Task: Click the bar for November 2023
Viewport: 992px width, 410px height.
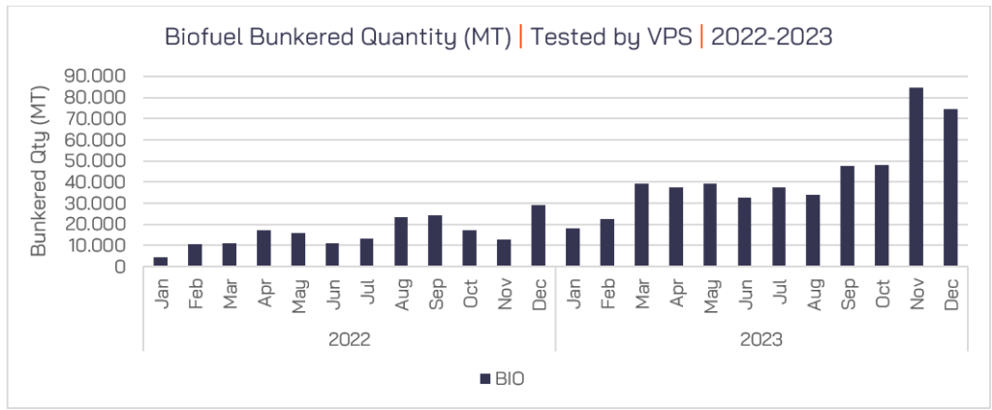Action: (x=915, y=177)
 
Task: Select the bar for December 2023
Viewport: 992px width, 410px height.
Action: (x=950, y=188)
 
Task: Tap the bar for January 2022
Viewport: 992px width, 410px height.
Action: (x=161, y=262)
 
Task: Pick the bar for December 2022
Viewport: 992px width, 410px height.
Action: (x=538, y=236)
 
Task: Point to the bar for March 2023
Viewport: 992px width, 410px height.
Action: (x=641, y=225)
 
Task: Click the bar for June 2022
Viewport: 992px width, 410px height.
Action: (x=332, y=255)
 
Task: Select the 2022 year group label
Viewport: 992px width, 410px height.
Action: (x=350, y=340)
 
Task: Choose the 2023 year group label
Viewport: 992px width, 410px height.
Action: (x=761, y=340)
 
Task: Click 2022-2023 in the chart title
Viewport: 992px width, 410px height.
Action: (x=772, y=37)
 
